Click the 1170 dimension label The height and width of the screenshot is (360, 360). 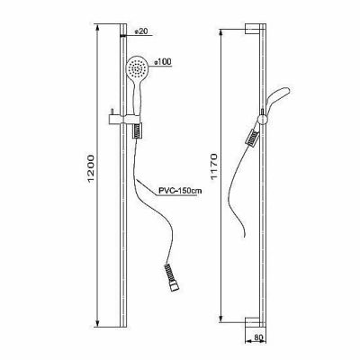coord(213,166)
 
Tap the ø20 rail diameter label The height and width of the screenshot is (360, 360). coord(140,31)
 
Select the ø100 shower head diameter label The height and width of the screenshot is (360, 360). coord(162,62)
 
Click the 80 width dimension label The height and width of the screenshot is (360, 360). coord(258,337)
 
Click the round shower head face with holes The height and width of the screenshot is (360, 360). coord(137,67)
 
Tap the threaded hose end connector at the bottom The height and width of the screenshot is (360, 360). coord(170,277)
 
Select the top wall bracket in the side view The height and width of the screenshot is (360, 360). coord(252,28)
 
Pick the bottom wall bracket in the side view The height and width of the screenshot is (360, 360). coord(252,322)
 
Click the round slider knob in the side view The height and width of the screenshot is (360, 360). coord(263,119)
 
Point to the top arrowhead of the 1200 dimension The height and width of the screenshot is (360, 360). coord(97,28)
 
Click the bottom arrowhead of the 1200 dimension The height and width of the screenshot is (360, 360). coord(97,322)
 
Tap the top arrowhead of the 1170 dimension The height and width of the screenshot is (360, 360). coord(221,33)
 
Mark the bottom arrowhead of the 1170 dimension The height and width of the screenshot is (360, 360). coord(221,319)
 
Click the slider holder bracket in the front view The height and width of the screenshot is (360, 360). coord(124,119)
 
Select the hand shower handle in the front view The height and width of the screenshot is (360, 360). coord(136,96)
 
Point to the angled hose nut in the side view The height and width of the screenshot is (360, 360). coord(252,138)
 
